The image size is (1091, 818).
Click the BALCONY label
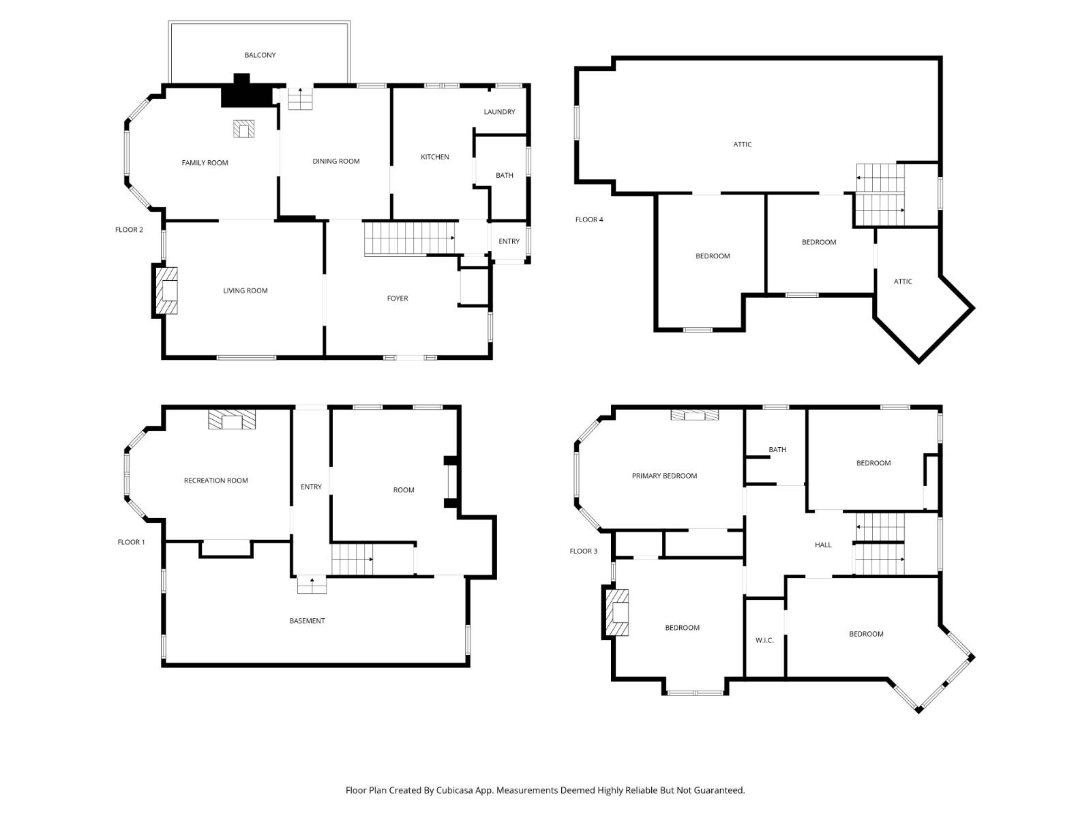260,55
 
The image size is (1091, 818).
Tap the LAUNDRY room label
499,112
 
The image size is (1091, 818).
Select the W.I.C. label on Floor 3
764,640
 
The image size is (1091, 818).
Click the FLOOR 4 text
589,219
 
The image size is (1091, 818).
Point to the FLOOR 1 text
131,542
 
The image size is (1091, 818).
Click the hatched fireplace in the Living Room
167,290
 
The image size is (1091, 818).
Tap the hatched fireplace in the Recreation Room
232,419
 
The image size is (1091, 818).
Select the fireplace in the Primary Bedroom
695,415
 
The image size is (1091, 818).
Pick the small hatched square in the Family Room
243,129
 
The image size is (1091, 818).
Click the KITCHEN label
434,157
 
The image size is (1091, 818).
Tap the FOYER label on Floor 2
398,298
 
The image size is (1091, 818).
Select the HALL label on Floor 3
823,545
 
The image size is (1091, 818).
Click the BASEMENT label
307,620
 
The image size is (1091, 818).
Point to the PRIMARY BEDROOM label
664,476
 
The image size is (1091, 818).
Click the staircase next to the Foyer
408,238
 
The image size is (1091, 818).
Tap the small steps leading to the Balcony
299,100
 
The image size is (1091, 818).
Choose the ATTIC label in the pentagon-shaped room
903,281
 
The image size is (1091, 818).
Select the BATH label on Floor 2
504,175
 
